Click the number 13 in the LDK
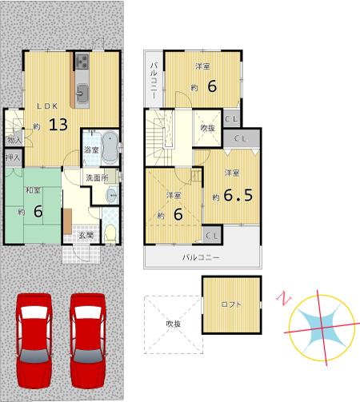click(x=57, y=125)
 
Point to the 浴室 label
click(x=90, y=150)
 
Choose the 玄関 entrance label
click(x=85, y=235)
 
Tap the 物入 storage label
click(x=14, y=140)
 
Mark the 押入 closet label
click(x=13, y=159)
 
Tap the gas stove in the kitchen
click(x=84, y=62)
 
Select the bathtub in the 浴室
click(x=110, y=144)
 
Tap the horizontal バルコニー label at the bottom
click(x=200, y=257)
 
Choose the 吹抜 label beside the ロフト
click(x=173, y=324)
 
